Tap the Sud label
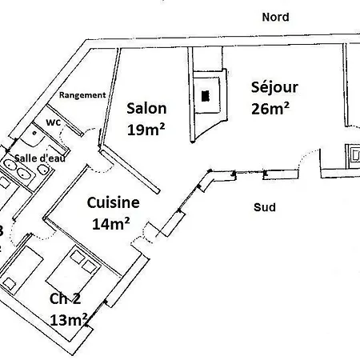pyautogui.click(x=264, y=207)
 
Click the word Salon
pyautogui.click(x=146, y=109)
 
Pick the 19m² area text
pyautogui.click(x=146, y=127)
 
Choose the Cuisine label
pyautogui.click(x=113, y=204)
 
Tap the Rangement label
pyautogui.click(x=82, y=94)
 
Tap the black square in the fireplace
pyautogui.click(x=206, y=95)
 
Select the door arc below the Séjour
pyautogui.click(x=307, y=160)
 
